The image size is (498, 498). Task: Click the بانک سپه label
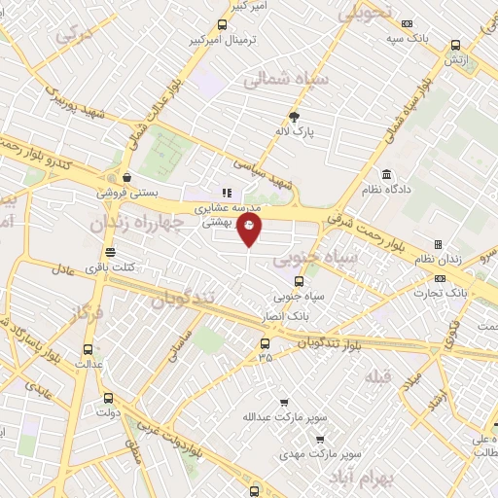(380, 37)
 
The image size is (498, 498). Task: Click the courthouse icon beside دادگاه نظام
(387, 174)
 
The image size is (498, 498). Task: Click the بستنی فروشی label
(123, 193)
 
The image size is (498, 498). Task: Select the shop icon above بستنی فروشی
(127, 177)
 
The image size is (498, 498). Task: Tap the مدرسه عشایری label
(226, 208)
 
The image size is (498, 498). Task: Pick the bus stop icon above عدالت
(89, 348)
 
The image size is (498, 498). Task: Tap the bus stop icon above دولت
(107, 397)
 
